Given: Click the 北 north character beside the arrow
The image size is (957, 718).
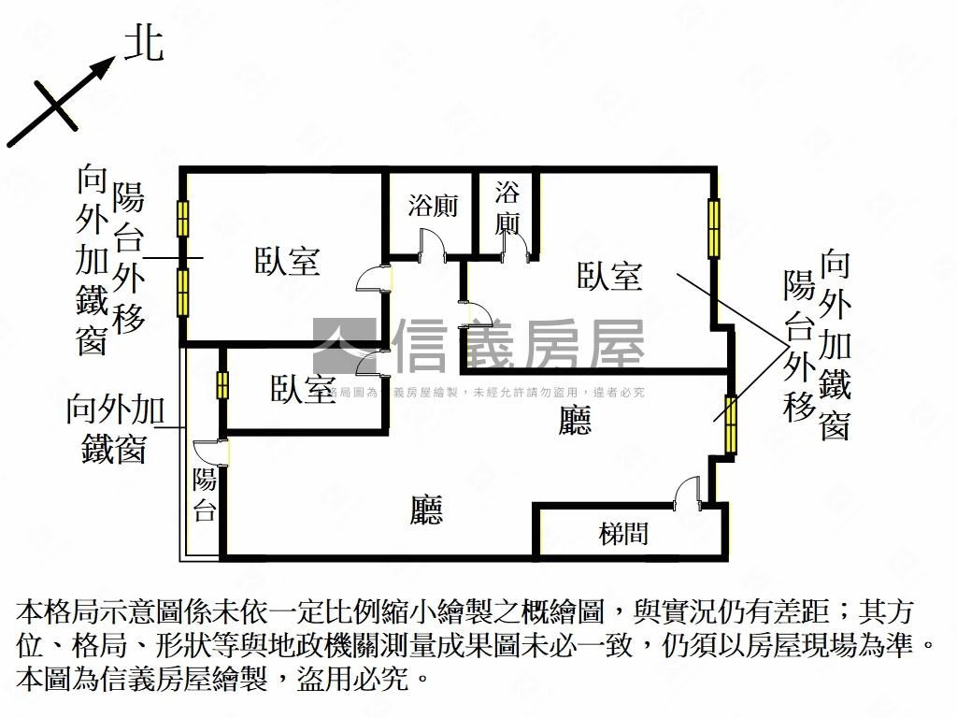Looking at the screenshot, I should click(x=144, y=44).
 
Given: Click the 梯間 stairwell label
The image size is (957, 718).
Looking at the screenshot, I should click(x=623, y=534).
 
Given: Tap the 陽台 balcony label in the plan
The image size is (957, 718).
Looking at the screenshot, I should click(x=205, y=495).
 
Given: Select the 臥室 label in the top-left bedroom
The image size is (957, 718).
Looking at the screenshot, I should click(x=288, y=261).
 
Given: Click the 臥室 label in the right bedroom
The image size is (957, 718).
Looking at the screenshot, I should click(x=609, y=276).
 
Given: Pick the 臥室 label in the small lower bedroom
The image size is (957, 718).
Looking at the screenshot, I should click(x=303, y=390).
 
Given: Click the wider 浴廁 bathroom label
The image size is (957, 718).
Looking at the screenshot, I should click(x=433, y=205).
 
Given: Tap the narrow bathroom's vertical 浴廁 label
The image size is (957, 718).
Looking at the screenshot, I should click(x=507, y=208).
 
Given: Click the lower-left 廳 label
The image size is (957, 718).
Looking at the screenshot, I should click(x=426, y=510).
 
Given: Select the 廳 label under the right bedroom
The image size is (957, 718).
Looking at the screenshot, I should click(x=575, y=423).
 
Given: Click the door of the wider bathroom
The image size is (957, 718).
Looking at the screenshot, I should click(x=432, y=243).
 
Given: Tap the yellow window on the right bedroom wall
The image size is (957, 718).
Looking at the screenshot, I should click(x=714, y=228).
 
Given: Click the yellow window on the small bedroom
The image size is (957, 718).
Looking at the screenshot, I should click(x=222, y=385).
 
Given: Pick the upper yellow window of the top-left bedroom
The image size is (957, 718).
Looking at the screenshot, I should click(x=183, y=219).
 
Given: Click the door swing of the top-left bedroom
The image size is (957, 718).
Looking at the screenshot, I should click(x=372, y=279).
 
